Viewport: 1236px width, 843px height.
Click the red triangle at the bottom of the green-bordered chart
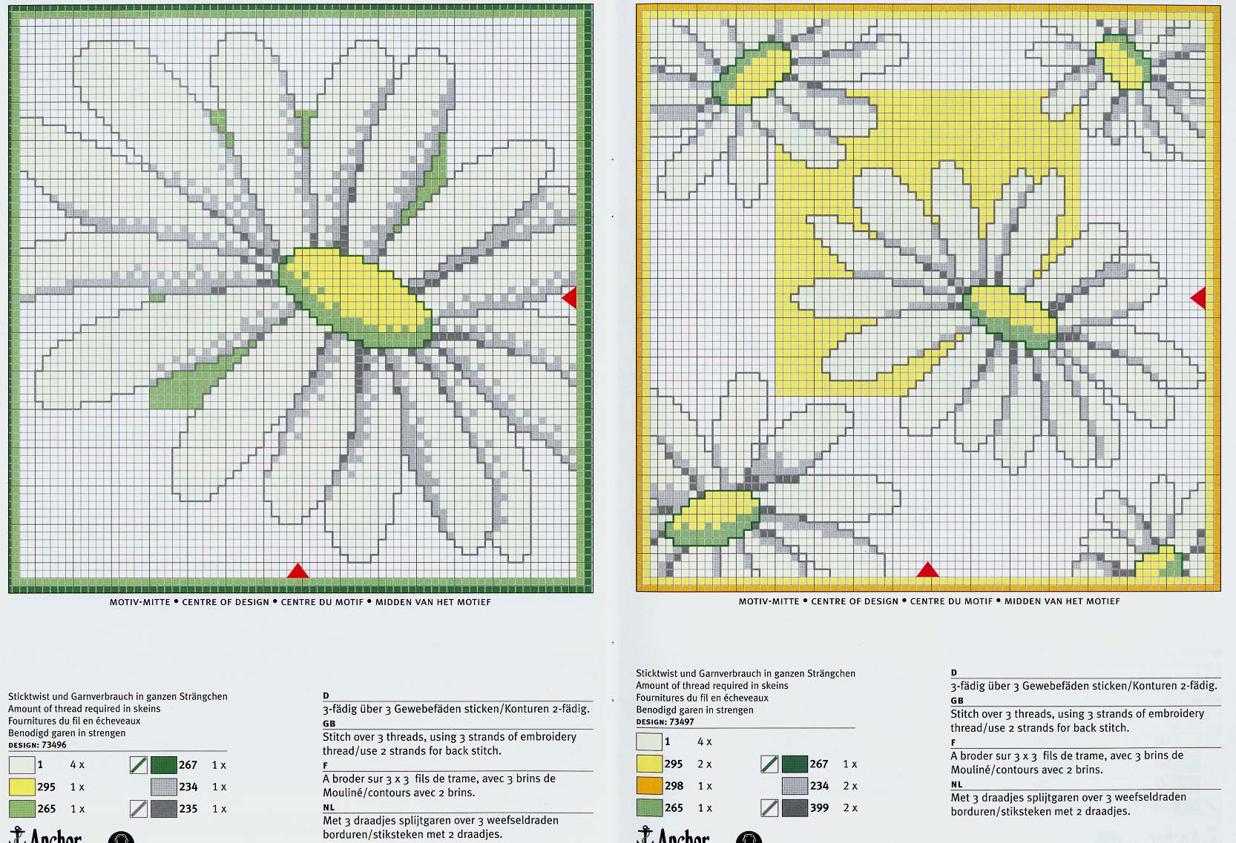tap(298, 571)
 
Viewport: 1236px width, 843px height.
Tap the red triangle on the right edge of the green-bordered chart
tap(570, 298)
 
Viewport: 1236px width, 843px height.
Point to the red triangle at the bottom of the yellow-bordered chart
tap(927, 569)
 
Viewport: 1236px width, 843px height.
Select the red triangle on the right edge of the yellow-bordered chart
tap(1198, 298)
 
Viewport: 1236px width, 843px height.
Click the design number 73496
tap(54, 745)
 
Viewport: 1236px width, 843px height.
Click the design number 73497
tap(682, 721)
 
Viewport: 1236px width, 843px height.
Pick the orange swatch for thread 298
tap(649, 786)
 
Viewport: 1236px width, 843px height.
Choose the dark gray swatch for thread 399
tap(795, 807)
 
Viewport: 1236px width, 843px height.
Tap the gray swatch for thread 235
tap(164, 809)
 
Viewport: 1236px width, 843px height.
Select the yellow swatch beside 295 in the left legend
tap(22, 787)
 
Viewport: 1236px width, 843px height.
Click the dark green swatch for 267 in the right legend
tap(795, 764)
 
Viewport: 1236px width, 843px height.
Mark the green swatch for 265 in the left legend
tap(22, 809)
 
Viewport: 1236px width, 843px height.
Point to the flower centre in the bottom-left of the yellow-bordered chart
tap(712, 518)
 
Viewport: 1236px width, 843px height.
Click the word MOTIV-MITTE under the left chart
tap(140, 602)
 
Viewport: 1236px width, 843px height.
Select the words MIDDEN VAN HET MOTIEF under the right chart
tap(1062, 601)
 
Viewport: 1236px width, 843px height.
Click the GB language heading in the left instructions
tap(329, 724)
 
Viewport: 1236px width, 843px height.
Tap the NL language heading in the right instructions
tap(957, 784)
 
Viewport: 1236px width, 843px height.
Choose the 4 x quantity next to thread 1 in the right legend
tap(705, 742)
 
